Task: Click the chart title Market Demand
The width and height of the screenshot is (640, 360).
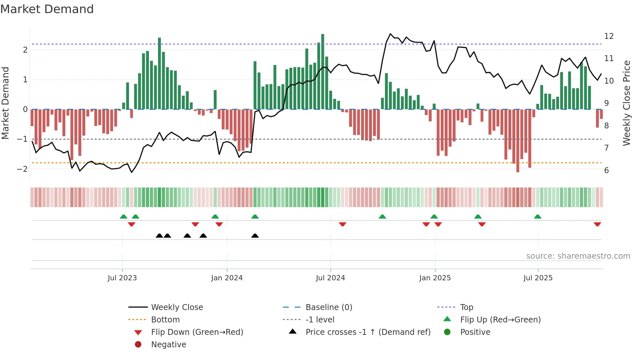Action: (47, 9)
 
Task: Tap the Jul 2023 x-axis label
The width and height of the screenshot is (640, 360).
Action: (122, 278)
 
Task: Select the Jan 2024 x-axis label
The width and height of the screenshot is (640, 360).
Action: (227, 278)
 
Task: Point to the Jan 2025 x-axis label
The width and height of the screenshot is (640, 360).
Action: (435, 278)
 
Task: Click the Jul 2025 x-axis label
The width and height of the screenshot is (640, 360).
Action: (538, 278)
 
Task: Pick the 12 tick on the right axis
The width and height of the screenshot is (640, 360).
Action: (609, 36)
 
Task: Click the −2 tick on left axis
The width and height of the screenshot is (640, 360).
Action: (22, 169)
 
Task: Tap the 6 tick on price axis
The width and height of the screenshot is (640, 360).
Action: (606, 171)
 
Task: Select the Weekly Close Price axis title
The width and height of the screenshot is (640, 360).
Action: (626, 103)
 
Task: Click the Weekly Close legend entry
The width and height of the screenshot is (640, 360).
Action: (177, 307)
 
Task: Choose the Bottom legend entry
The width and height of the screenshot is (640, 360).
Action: (165, 320)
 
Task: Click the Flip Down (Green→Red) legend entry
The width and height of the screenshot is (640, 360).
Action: (197, 332)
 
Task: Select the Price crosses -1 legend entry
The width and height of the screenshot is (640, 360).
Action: (368, 332)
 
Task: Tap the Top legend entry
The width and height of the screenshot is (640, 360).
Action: (467, 307)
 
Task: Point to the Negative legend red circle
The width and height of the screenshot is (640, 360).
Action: (138, 345)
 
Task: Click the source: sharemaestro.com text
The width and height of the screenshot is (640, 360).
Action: (578, 256)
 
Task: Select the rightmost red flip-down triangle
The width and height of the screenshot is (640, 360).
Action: (597, 224)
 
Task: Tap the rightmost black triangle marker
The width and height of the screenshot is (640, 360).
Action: (255, 236)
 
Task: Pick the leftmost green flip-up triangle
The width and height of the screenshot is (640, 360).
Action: (123, 217)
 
